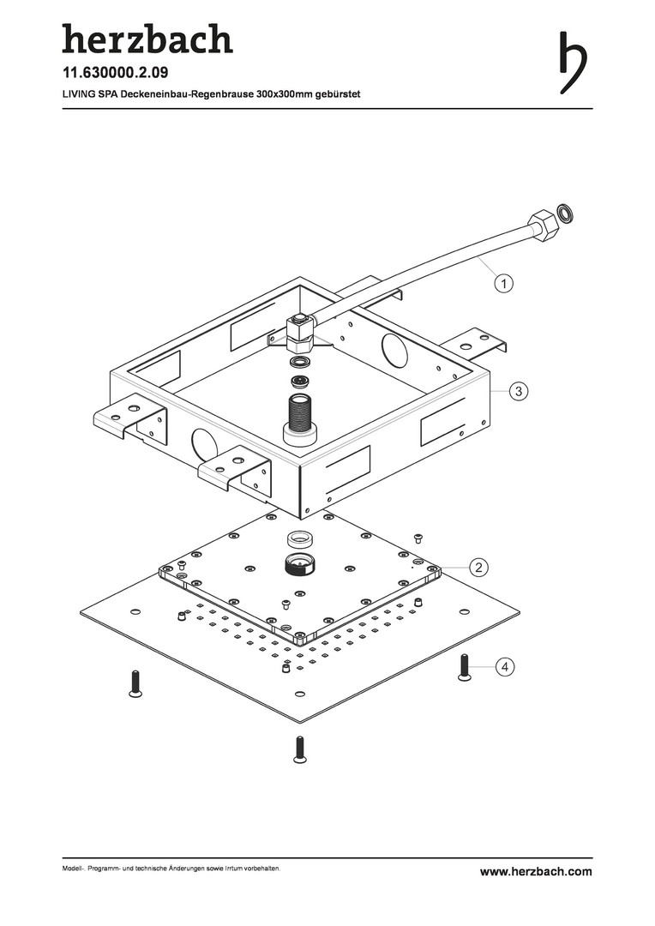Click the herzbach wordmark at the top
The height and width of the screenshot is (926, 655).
coord(147,39)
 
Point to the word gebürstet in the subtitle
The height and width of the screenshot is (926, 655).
coord(332,94)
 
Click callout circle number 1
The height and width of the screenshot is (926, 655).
coord(506,282)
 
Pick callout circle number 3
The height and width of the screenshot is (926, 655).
coord(517,391)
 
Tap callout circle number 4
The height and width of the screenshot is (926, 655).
coord(506,666)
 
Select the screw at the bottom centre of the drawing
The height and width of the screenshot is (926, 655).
coord(299,749)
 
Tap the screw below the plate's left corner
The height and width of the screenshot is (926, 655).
coord(134,682)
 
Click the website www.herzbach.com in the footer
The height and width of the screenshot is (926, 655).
coord(536,872)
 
